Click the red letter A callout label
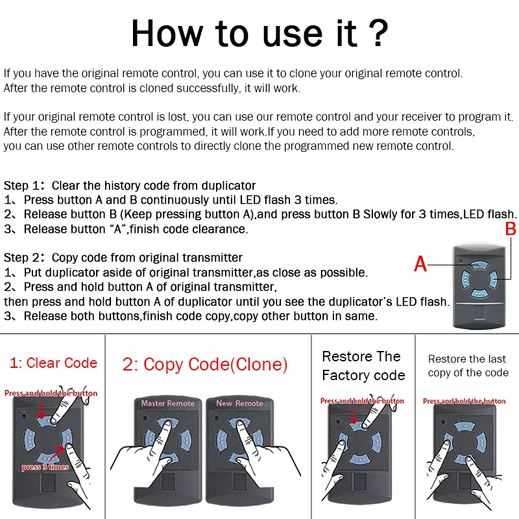420,264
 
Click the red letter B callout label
511,229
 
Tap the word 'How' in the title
167,33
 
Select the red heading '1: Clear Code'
53,363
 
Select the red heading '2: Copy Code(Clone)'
205,365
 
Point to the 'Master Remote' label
168,403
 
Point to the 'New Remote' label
239,403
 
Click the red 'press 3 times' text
45,467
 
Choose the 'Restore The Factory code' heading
363,366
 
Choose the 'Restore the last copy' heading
468,366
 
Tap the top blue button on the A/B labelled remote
479,266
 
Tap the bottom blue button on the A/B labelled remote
479,293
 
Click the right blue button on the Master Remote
186,441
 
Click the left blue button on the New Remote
221,441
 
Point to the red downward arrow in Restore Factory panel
354,415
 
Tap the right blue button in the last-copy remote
481,442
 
